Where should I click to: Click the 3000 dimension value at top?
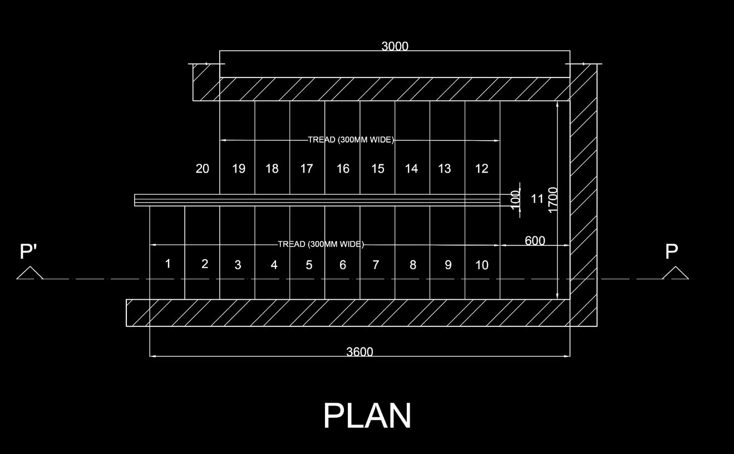point(395,46)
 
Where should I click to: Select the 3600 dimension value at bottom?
point(359,352)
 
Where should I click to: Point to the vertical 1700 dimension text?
point(553,199)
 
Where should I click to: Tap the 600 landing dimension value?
point(534,241)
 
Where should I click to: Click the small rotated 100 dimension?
point(516,198)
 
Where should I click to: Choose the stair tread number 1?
point(168,263)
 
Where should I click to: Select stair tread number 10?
point(482,265)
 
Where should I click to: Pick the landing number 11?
point(537,198)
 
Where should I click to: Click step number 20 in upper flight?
point(203,169)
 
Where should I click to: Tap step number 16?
point(343,169)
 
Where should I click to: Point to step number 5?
point(309,265)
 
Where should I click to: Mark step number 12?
point(482,169)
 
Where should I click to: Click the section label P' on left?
point(28,252)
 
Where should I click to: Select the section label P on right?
point(672,252)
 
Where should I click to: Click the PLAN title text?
point(367,416)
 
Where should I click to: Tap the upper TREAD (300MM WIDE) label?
point(351,140)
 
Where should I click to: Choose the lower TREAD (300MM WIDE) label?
point(321,244)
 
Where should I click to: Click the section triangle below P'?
point(29,273)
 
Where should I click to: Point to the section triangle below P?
point(675,273)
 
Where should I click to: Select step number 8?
point(412,265)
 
